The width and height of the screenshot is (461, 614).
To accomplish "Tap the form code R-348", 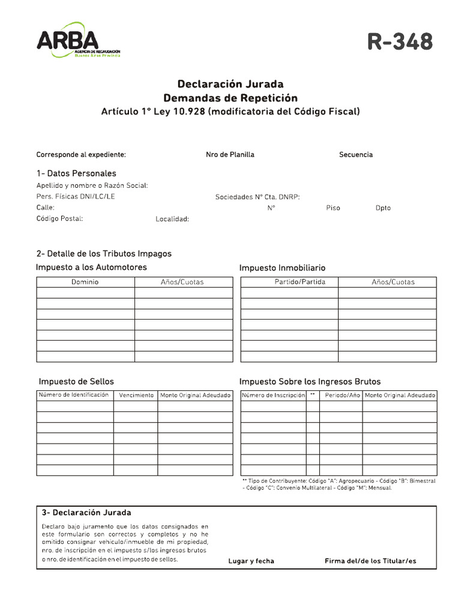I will tap(400, 42).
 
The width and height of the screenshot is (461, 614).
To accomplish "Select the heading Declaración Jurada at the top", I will tap(230, 84).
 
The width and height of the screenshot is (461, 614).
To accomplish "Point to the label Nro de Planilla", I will tap(230, 155).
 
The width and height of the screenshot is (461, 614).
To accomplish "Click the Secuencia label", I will tap(356, 155).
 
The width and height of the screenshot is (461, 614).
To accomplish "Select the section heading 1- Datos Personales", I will tap(76, 173).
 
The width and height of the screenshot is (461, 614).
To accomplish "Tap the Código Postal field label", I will tap(59, 218).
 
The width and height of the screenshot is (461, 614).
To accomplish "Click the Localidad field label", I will tap(172, 219).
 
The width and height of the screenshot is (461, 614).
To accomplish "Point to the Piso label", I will tap(333, 207).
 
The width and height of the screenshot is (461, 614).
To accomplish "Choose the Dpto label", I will tap(383, 207).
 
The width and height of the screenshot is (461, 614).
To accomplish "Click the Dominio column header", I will tap(85, 282).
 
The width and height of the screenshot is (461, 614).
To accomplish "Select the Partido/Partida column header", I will tap(290, 282).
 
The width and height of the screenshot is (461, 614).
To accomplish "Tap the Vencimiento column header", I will tap(136, 395).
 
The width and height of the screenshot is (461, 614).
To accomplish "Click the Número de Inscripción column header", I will tap(274, 395).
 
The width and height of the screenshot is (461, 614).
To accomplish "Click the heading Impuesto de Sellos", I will tap(76, 381).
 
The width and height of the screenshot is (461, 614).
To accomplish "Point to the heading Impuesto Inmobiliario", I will tap(282, 268).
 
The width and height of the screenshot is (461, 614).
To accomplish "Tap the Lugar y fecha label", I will tap(251, 561).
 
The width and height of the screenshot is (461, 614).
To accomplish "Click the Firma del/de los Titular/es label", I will tap(370, 561).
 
